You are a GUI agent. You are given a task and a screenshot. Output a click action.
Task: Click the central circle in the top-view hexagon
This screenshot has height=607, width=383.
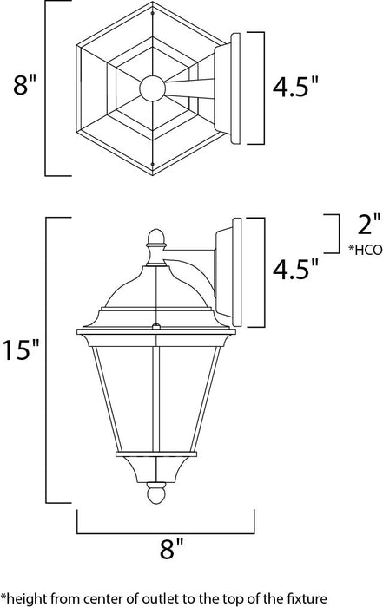click(x=154, y=88)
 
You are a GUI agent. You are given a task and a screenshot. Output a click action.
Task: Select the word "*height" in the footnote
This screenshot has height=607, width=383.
click(x=23, y=597)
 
